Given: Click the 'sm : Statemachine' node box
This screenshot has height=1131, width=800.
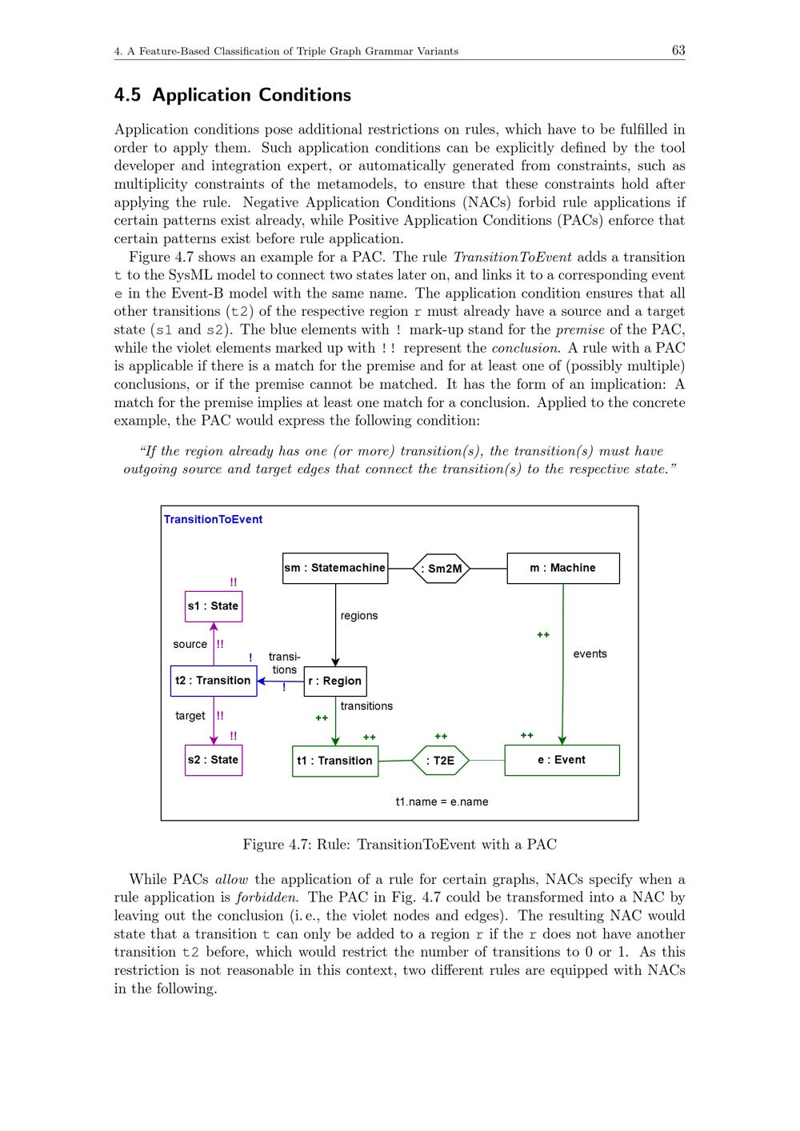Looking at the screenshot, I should pyautogui.click(x=335, y=568).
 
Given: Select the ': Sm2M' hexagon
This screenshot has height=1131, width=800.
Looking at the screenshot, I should pyautogui.click(x=441, y=569).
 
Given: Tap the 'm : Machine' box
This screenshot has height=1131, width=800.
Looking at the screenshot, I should pyautogui.click(x=562, y=568).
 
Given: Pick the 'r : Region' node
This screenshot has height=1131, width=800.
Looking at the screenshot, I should pyautogui.click(x=335, y=681).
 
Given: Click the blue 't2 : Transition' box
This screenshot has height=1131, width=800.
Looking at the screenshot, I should pyautogui.click(x=214, y=681).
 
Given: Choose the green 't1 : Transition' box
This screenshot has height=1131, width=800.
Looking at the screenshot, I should pyautogui.click(x=335, y=761).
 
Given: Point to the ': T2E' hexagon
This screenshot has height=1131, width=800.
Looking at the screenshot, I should pyautogui.click(x=440, y=761).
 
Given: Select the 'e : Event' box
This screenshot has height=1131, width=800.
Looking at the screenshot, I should pyautogui.click(x=562, y=760).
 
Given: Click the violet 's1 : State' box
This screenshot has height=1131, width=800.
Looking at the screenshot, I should pyautogui.click(x=214, y=606).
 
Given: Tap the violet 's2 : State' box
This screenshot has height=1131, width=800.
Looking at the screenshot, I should pyautogui.click(x=214, y=760).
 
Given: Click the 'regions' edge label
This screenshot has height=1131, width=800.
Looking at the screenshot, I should pyautogui.click(x=359, y=616).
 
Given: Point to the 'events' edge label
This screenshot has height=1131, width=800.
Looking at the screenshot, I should pyautogui.click(x=590, y=654).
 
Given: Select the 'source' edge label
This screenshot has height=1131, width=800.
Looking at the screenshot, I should pyautogui.click(x=190, y=644).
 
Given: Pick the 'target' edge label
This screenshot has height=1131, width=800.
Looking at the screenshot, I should pyautogui.click(x=190, y=716).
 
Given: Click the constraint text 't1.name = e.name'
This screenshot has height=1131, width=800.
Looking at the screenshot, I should pyautogui.click(x=442, y=801).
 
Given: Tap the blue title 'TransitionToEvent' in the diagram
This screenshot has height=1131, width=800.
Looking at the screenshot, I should pyautogui.click(x=213, y=520).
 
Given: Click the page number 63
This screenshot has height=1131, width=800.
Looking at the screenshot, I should pyautogui.click(x=678, y=50).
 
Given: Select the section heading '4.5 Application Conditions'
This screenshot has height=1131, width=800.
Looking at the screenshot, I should pyautogui.click(x=233, y=95).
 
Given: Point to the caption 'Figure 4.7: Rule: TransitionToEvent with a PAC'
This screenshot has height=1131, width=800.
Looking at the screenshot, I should pyautogui.click(x=400, y=845).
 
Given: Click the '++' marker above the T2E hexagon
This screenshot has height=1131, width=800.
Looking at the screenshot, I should pyautogui.click(x=441, y=737).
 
